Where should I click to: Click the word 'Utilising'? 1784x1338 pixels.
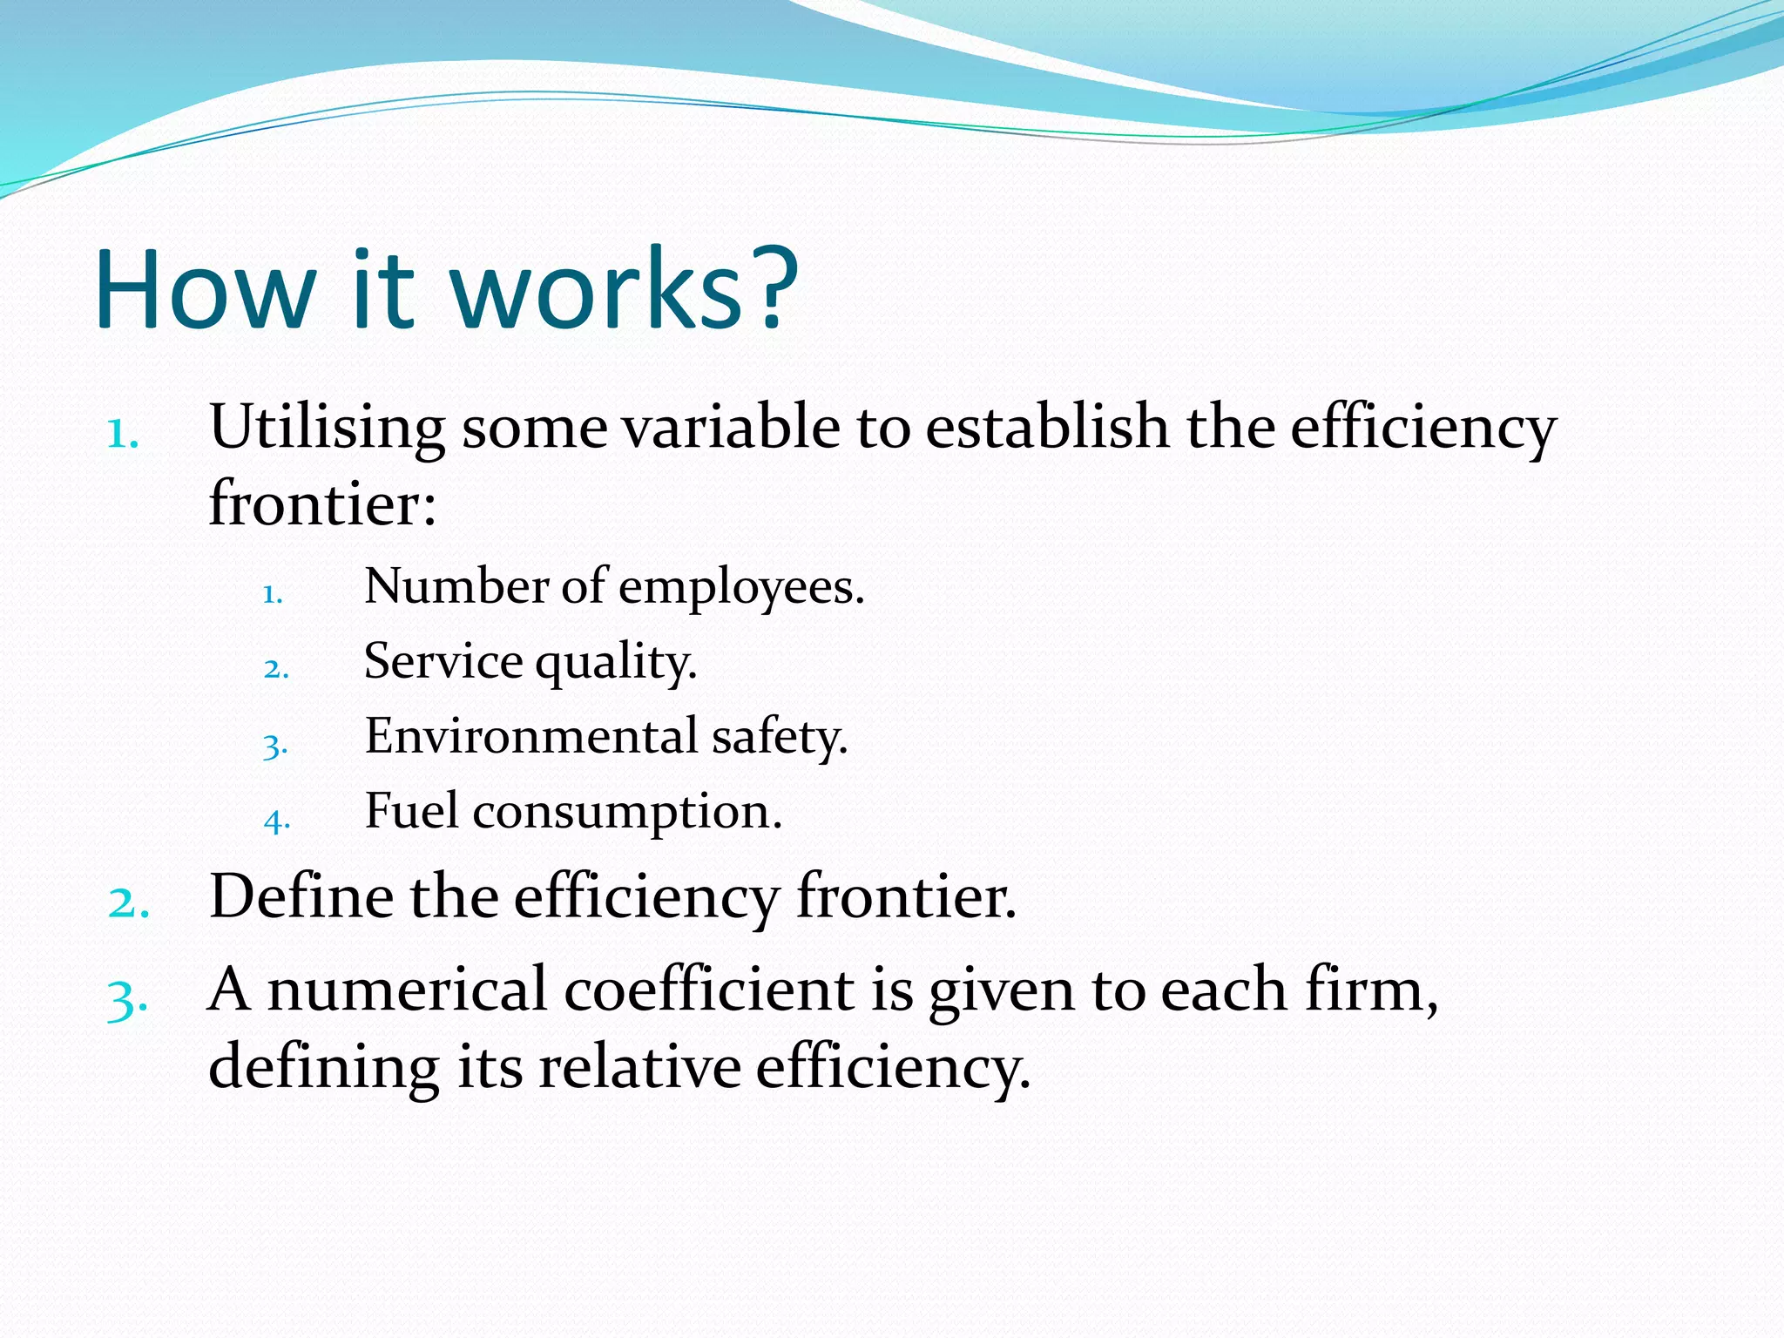click(327, 429)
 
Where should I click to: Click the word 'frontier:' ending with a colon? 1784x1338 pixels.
click(322, 505)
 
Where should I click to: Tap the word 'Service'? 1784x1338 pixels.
click(443, 662)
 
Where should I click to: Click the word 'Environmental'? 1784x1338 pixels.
click(531, 737)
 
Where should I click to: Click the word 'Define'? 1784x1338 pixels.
click(301, 897)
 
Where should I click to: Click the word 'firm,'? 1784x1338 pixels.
click(1371, 991)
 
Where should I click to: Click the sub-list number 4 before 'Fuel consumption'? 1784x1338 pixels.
click(276, 821)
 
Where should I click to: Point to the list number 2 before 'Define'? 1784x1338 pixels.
click(128, 902)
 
